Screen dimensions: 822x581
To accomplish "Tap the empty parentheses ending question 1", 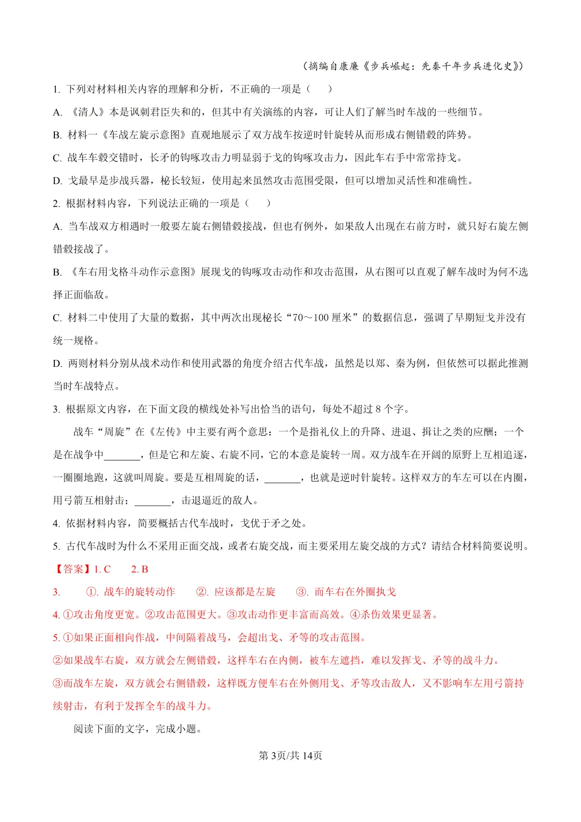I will (319, 89).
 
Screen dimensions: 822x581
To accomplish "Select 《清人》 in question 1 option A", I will (88, 112).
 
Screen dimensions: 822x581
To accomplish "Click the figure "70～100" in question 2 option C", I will (310, 317).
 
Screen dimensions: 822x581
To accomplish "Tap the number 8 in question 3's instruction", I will (378, 409).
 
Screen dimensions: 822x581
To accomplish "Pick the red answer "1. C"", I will (102, 569).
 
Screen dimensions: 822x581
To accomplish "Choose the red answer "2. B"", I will (139, 569).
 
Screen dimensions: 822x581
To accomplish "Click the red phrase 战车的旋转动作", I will (139, 592).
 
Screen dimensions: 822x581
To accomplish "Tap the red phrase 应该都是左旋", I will (245, 592).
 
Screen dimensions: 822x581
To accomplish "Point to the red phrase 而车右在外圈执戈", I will (355, 592).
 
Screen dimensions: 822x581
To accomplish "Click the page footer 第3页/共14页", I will (290, 755).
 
